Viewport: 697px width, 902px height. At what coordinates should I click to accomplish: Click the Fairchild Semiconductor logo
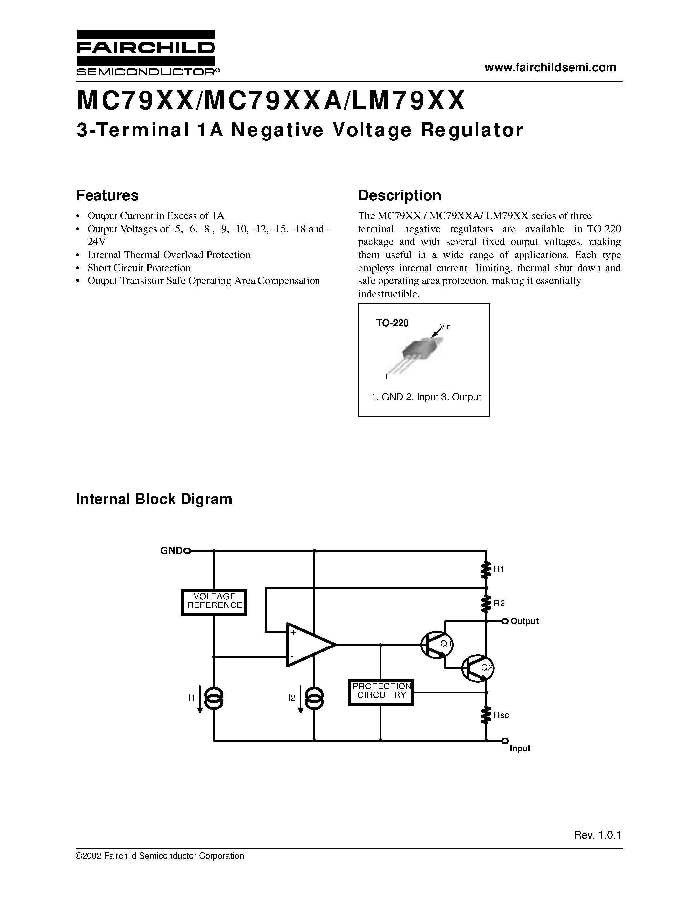(145, 52)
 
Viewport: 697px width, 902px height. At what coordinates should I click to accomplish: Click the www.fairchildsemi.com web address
(550, 67)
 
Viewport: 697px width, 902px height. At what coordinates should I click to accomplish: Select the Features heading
(107, 195)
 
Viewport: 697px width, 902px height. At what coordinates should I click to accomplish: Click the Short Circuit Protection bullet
(139, 268)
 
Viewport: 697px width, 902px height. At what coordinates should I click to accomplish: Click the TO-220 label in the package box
(392, 323)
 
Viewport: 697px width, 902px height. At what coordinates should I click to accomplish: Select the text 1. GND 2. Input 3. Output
(426, 397)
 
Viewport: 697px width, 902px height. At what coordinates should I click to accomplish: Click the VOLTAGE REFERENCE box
(214, 602)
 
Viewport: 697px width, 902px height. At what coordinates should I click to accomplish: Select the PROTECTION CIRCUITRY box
(381, 692)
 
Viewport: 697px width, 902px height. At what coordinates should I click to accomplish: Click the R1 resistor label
(499, 569)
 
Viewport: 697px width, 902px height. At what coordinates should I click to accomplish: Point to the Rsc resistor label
(501, 715)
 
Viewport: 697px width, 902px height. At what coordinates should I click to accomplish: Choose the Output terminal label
(524, 621)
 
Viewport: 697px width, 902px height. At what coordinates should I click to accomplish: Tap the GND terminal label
(171, 550)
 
